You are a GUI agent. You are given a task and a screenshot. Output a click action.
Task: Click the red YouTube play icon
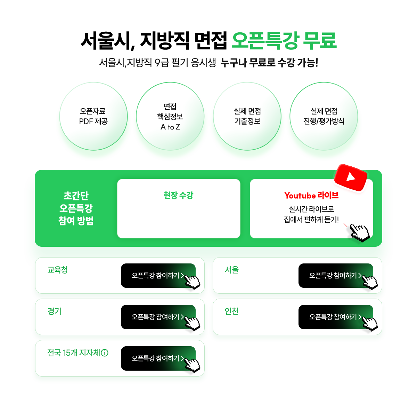click(x=351, y=178)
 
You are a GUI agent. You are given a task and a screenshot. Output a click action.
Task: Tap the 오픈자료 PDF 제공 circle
click(x=93, y=116)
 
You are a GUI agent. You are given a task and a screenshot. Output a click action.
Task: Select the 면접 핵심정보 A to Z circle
click(x=170, y=116)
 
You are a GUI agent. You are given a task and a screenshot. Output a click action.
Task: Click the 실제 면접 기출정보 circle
click(x=247, y=116)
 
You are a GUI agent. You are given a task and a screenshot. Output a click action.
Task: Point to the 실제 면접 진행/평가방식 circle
click(x=324, y=116)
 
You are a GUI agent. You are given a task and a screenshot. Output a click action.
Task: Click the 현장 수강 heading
click(x=178, y=195)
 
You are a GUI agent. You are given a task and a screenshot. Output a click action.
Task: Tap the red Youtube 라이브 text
click(x=311, y=195)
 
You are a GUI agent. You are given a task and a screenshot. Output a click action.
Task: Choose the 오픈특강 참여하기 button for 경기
click(x=158, y=317)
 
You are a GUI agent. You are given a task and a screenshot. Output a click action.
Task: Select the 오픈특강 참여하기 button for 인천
click(x=336, y=317)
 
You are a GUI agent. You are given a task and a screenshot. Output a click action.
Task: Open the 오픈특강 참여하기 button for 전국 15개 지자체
click(x=158, y=358)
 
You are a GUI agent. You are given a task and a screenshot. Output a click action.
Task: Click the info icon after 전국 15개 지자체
click(x=105, y=353)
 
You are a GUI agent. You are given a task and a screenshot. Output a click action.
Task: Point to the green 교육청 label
click(x=58, y=270)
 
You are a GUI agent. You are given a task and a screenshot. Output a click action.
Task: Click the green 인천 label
click(x=231, y=311)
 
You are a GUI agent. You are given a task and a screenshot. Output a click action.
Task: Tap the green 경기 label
click(x=54, y=311)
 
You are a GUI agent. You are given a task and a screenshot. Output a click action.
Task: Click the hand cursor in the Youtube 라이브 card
click(x=360, y=233)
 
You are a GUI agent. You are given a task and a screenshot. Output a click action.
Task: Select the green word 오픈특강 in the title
click(x=265, y=40)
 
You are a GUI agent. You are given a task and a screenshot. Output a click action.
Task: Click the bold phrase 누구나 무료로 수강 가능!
click(x=269, y=63)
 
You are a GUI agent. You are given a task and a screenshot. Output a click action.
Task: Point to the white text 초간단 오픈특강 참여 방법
click(x=76, y=208)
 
